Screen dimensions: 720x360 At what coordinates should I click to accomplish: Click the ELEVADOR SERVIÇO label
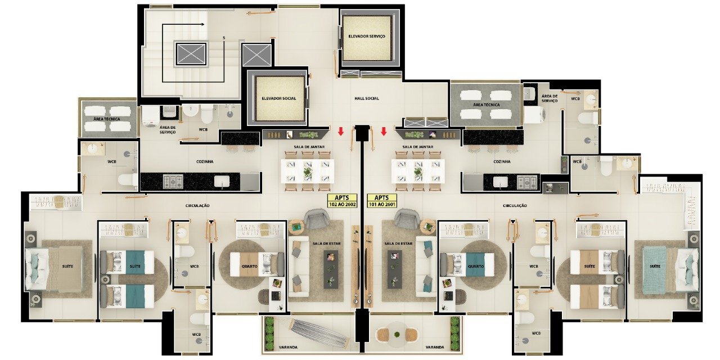coord(366,37)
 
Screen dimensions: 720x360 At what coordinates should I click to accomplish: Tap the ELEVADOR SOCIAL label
coord(278,98)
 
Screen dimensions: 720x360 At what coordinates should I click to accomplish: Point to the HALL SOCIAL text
coord(367,98)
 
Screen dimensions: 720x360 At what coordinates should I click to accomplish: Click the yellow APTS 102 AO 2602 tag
coord(342,201)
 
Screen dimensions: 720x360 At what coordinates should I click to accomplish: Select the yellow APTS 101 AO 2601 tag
coord(382,201)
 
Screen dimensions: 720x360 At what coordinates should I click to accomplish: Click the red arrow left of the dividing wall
coord(341,131)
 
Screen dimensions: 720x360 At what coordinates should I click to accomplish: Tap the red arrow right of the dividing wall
coord(384,131)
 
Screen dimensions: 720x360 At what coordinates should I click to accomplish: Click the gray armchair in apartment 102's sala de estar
coord(317,218)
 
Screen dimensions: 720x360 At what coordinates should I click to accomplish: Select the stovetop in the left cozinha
coord(173,182)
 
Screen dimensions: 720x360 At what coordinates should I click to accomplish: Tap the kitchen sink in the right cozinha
coord(500,182)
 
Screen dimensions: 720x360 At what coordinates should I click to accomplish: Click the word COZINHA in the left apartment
coord(205,161)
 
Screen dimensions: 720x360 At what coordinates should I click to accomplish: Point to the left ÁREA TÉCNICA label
coord(107,119)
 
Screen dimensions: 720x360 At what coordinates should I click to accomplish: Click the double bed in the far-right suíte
coord(670,269)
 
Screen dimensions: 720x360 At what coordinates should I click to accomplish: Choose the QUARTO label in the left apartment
coord(249,267)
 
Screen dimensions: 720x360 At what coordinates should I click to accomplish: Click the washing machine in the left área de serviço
coord(150,116)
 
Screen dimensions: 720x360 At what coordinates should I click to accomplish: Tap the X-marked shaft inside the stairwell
coord(191,54)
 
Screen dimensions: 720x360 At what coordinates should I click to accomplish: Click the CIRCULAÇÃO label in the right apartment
coord(515,206)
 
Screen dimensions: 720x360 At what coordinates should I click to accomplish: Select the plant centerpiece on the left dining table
coord(308,172)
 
